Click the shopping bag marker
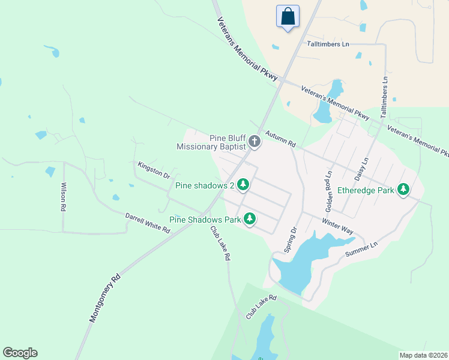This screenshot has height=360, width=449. [288, 16]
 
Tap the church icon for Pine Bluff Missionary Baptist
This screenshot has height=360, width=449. [255, 142]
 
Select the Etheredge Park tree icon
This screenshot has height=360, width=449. [404, 190]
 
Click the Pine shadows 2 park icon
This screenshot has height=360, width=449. [243, 185]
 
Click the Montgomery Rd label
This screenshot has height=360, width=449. [105, 298]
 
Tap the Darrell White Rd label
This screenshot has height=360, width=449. [148, 223]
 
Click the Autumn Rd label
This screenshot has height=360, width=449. [281, 140]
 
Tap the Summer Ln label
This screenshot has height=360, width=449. [365, 250]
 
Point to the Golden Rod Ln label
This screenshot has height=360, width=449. [328, 192]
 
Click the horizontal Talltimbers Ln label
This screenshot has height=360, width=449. [328, 44]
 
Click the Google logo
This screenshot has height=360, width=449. [20, 353]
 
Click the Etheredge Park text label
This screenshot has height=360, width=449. [366, 190]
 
